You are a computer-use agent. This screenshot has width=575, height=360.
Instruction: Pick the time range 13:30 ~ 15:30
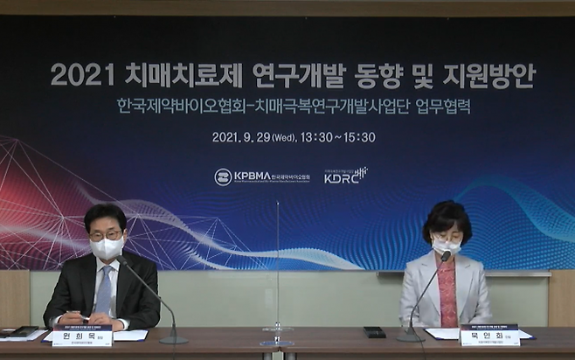pos(336,137)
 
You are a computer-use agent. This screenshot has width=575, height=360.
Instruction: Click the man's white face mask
pos(107,247)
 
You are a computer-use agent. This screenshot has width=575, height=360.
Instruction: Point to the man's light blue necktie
pos(104,290)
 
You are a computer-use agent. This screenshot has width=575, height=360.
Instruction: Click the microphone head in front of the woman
pos(446,256)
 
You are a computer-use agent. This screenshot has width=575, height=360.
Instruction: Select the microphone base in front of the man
pos(173,338)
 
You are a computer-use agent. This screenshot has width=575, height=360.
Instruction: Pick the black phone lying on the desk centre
pos(374,332)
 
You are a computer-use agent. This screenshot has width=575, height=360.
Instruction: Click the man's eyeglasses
pos(105,234)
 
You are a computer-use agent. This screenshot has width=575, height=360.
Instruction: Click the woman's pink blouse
pos(447,293)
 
